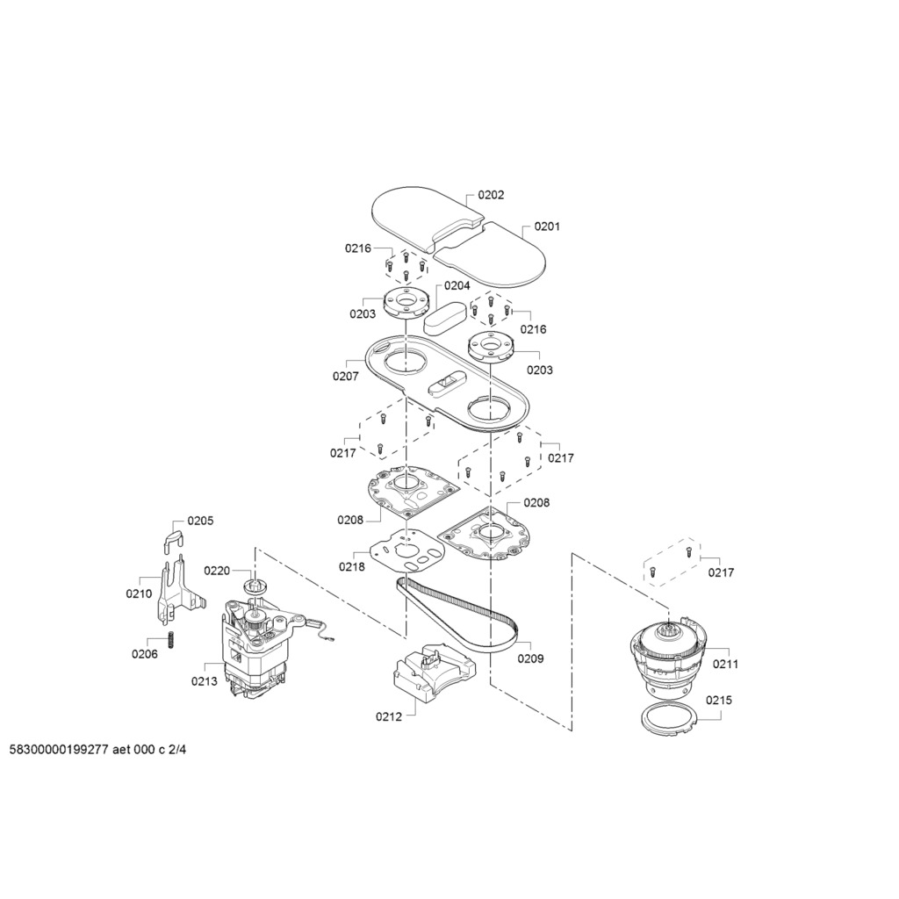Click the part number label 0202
click(491, 195)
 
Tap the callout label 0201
click(547, 227)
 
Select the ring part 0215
click(667, 718)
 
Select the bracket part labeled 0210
click(177, 592)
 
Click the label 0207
click(346, 376)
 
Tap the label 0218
click(351, 566)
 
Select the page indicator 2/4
click(177, 751)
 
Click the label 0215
click(719, 700)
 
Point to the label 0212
click(389, 716)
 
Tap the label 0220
click(217, 571)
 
